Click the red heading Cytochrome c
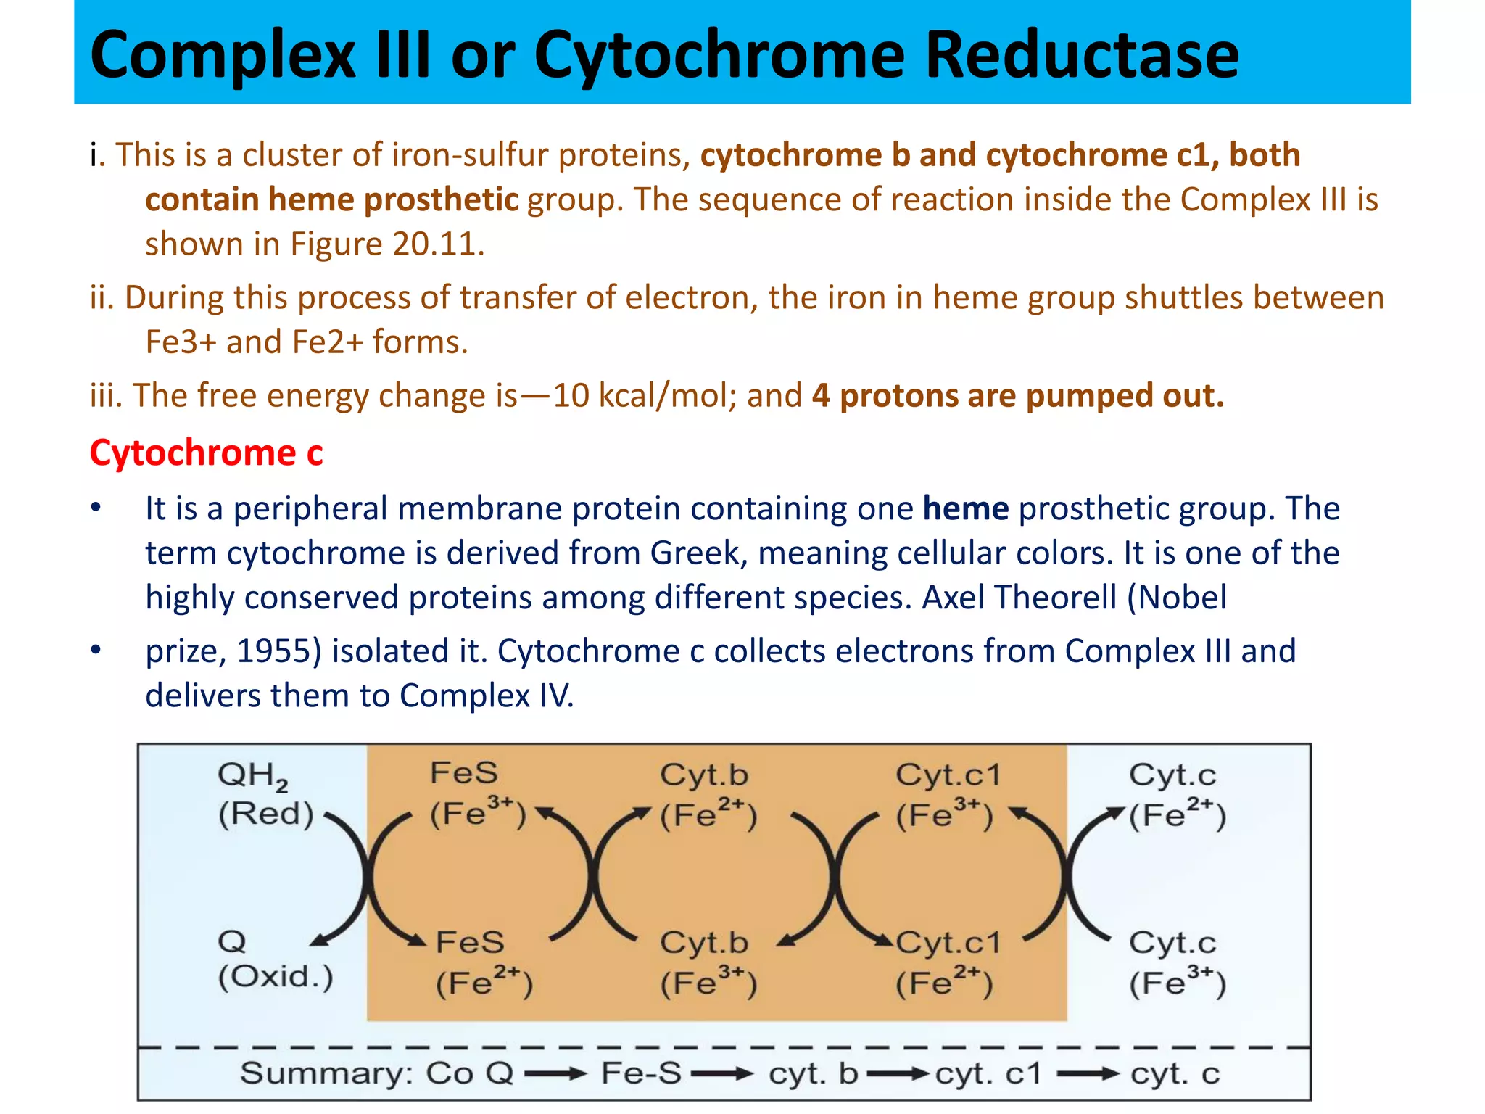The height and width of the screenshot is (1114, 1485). pyautogui.click(x=206, y=453)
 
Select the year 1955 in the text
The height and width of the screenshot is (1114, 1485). pyautogui.click(x=279, y=651)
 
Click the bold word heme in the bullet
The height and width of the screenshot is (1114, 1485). pyautogui.click(x=965, y=508)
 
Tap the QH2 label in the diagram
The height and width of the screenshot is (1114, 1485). pyautogui.click(x=253, y=775)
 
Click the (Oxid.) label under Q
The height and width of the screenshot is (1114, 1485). pyautogui.click(x=276, y=977)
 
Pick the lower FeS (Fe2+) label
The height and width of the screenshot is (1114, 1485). pyautogui.click(x=483, y=963)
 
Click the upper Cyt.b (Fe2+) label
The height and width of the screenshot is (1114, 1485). pyautogui.click(x=706, y=795)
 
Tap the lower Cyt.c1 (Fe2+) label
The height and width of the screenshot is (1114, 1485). pyautogui.click(x=947, y=963)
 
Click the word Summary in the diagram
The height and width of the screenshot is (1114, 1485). pyautogui.click(x=325, y=1073)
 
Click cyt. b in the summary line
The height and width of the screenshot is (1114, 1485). pyautogui.click(x=813, y=1073)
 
